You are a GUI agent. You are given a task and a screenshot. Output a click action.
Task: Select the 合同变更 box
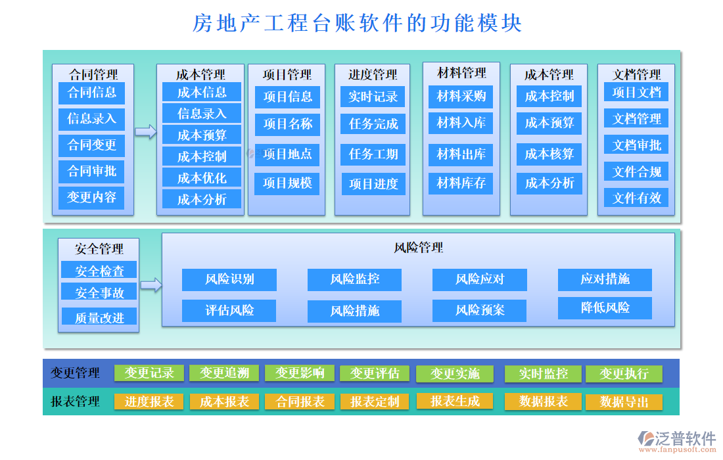[91, 145]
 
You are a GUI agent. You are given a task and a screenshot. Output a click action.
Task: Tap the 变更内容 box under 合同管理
[91, 197]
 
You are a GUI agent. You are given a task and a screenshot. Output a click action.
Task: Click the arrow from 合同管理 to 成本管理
[145, 132]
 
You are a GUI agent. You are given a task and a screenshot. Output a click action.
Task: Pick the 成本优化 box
[202, 178]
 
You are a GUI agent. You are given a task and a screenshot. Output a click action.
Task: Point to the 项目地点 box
[287, 154]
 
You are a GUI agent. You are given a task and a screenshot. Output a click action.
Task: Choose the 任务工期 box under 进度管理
[373, 154]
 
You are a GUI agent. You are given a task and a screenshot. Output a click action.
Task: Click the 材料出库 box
[461, 154]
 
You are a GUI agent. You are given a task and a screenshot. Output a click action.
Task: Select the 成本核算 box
[549, 154]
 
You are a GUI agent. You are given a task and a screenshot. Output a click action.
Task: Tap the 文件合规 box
[636, 172]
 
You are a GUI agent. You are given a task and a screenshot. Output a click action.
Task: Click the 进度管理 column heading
[373, 74]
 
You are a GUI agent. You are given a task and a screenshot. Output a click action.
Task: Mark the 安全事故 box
[99, 292]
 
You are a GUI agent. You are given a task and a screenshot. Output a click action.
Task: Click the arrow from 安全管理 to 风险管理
[151, 285]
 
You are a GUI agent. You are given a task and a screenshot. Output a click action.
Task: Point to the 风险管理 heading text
[419, 248]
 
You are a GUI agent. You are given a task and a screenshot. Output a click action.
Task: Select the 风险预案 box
[479, 310]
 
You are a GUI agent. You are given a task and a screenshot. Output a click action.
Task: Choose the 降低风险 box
[605, 308]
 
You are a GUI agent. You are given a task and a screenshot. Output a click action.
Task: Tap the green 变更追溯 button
[224, 373]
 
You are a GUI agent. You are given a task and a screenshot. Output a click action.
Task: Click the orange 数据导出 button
[624, 402]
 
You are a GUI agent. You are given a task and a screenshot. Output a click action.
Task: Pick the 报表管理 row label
[76, 402]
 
